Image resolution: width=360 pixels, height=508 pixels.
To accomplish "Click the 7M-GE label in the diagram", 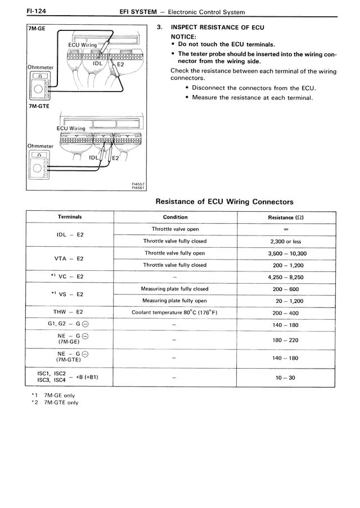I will (38, 29).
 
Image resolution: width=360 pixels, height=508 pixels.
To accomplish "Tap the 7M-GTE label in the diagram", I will (39, 105).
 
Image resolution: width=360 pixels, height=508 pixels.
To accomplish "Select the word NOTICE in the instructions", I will (183, 37).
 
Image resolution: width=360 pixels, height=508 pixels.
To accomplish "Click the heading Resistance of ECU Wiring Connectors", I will (224, 201).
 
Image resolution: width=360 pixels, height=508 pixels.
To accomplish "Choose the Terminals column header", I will (70, 217).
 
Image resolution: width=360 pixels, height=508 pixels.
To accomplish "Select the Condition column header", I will (175, 217).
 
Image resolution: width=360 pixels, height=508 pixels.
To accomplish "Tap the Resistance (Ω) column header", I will (286, 217).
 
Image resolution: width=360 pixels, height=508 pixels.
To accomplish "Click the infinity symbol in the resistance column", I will (286, 229).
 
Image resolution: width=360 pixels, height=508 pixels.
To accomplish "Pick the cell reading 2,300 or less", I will (286, 242).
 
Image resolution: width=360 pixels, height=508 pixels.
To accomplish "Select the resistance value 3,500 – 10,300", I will (286, 253).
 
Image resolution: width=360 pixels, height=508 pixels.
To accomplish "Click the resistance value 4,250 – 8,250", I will (286, 277).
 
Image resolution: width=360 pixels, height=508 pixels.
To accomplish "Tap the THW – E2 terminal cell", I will (70, 312).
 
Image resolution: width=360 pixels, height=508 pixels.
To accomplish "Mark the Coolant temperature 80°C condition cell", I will (175, 312).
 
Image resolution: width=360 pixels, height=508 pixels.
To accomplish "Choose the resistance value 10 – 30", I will (286, 378).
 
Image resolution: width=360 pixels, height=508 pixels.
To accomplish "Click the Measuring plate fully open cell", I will (175, 301).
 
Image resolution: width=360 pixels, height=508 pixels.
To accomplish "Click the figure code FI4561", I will (137, 188).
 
